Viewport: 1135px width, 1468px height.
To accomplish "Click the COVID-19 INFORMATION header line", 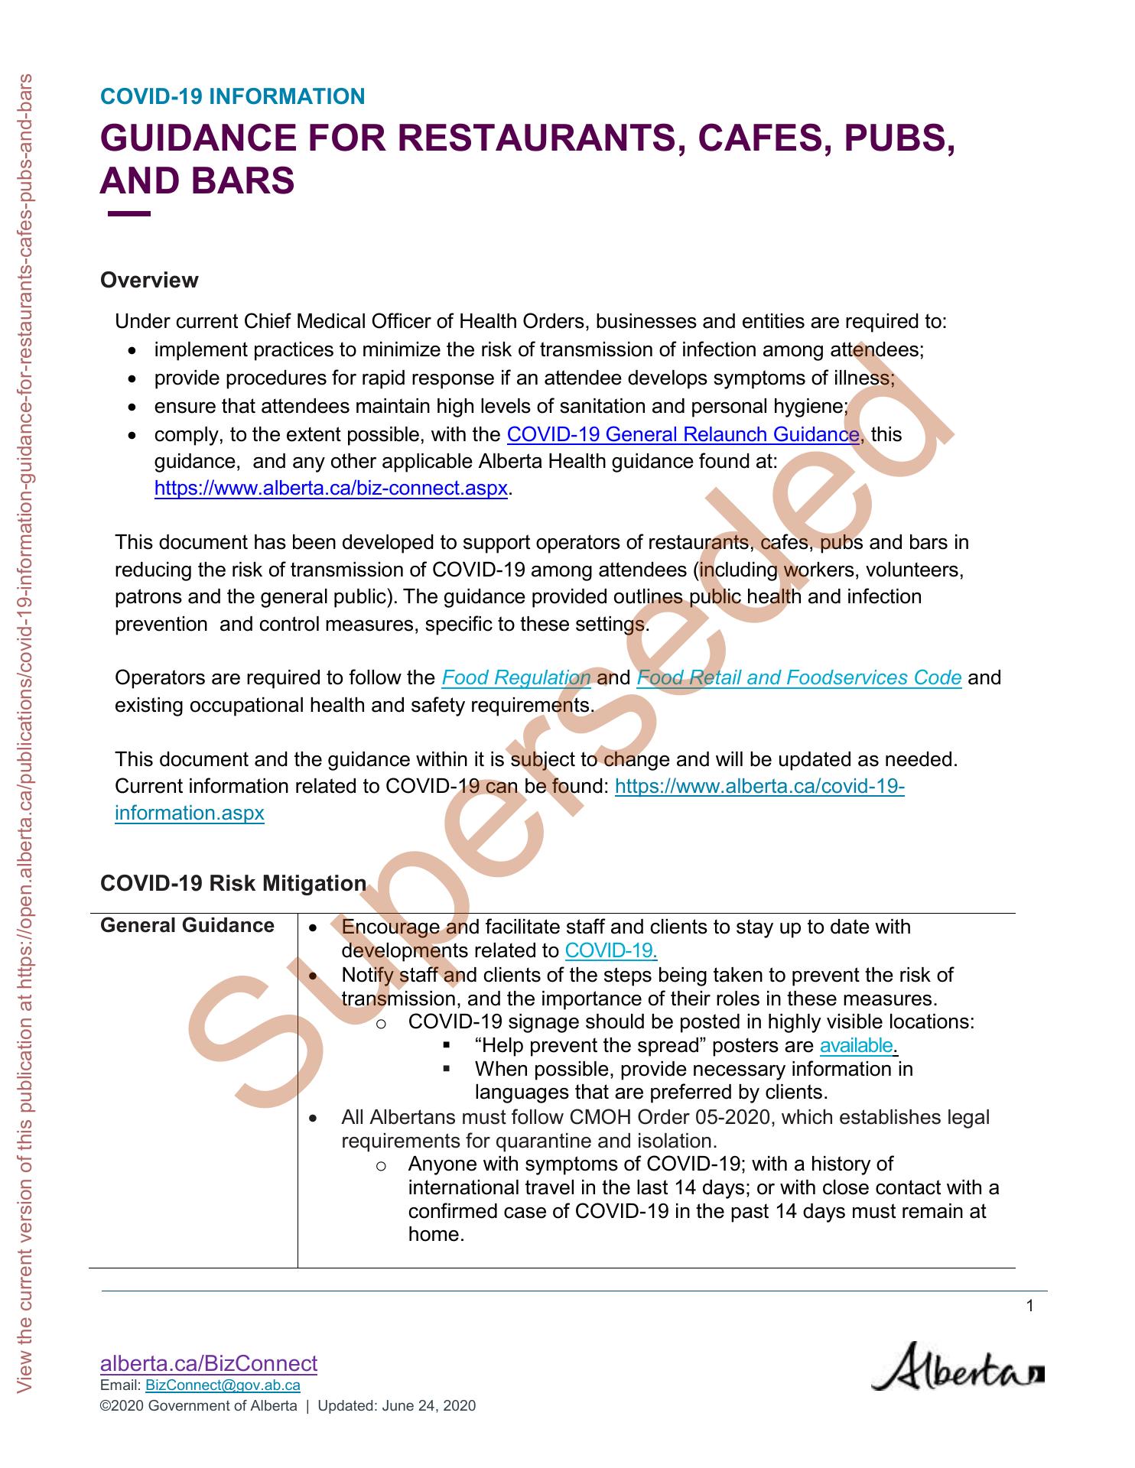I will pyautogui.click(x=233, y=97).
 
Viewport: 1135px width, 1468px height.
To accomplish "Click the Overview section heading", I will pyautogui.click(x=149, y=281).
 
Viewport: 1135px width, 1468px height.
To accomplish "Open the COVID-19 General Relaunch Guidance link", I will pyautogui.click(x=683, y=435).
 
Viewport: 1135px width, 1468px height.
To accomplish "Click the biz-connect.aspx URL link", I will pyautogui.click(x=330, y=489).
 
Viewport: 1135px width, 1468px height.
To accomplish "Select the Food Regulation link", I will pyautogui.click(x=516, y=678).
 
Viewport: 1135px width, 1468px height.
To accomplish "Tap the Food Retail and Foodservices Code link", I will pyautogui.click(x=798, y=678).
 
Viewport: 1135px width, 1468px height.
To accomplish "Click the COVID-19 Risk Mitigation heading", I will pyautogui.click(x=233, y=884).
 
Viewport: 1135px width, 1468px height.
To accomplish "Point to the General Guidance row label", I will pyautogui.click(x=187, y=926).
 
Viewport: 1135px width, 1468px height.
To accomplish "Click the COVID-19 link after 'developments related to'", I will pyautogui.click(x=610, y=951).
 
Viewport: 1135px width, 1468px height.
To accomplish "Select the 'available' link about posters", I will pyautogui.click(x=856, y=1046).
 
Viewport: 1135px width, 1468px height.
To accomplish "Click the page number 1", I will pyautogui.click(x=1029, y=1306).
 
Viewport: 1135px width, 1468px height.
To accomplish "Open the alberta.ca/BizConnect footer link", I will pyautogui.click(x=209, y=1363).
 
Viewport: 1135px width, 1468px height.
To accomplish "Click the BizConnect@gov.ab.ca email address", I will pyautogui.click(x=223, y=1385).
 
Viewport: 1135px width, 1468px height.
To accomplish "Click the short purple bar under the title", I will pyautogui.click(x=129, y=215).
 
